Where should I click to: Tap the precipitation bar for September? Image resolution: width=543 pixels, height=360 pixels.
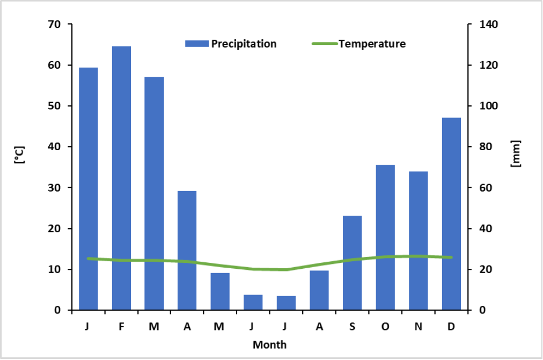point(352,263)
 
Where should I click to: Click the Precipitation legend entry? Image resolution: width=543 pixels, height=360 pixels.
point(231,44)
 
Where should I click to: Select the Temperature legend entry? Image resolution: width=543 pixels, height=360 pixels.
point(358,44)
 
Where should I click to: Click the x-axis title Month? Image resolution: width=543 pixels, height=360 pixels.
point(269,344)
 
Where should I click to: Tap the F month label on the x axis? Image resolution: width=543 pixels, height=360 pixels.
point(121,327)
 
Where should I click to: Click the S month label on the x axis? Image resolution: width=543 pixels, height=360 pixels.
point(352,327)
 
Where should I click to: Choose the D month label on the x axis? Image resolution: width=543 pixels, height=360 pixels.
point(451,327)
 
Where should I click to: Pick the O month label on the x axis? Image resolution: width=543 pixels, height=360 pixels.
point(385,327)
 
